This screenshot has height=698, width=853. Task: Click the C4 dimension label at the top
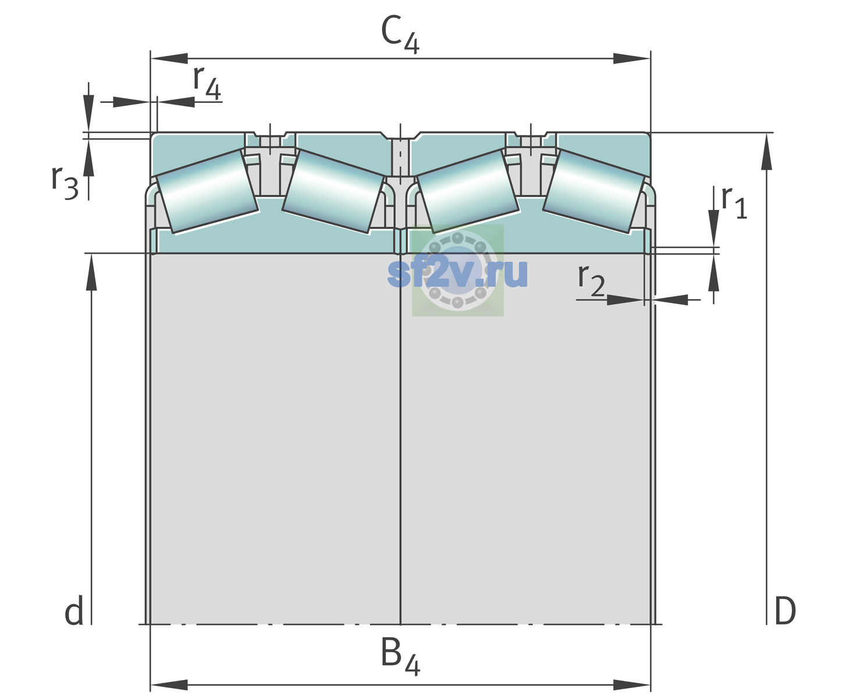coord(400,34)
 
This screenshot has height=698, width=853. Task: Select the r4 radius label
coord(207,83)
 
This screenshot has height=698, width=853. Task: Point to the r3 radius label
coord(65,182)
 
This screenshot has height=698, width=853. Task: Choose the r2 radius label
coord(591,280)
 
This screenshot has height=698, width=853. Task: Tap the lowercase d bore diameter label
coord(74,611)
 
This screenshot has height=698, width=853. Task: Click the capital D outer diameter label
coord(785,611)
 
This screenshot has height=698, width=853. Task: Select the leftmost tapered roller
coord(207,192)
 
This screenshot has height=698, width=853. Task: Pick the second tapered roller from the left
coord(333,192)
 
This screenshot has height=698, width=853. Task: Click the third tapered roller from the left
coord(468,192)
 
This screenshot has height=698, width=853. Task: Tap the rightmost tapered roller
coord(594,192)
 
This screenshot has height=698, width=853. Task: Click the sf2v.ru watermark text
coord(457,273)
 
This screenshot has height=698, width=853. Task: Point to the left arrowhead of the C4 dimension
coord(169,58)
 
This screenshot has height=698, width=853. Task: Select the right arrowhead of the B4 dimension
coord(632,685)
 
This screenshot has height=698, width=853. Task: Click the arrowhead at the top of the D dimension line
coord(766,152)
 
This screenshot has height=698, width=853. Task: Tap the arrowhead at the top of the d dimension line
coord(91,272)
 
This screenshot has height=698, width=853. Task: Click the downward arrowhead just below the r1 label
coord(714,229)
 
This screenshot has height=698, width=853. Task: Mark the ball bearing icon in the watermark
coord(457,270)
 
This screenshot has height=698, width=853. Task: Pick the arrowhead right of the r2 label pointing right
coord(625,300)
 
